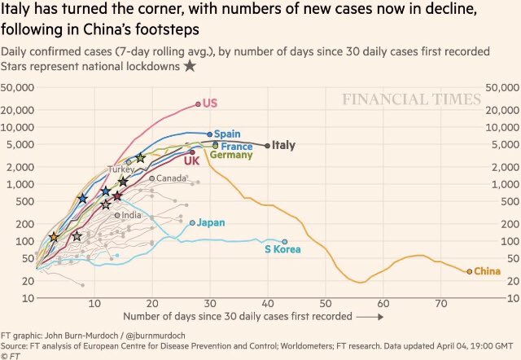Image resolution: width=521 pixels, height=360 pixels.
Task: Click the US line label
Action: [210, 103]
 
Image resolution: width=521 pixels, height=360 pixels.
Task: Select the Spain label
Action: [227, 134]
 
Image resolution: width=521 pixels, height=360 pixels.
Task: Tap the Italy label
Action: [282, 146]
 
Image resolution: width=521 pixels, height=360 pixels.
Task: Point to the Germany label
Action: [231, 155]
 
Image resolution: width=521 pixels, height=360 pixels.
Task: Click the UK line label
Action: [191, 161]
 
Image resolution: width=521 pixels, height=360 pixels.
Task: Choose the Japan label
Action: [211, 222]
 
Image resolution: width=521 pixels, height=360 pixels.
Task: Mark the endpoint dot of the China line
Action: [469, 271]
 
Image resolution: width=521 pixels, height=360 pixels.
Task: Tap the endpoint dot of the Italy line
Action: [267, 146]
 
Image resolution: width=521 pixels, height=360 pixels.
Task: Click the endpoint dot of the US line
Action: [198, 103]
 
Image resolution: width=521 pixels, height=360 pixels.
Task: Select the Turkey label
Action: [121, 169]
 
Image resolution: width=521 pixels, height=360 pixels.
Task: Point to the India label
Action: [131, 215]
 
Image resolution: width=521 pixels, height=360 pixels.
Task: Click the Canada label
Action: [171, 178]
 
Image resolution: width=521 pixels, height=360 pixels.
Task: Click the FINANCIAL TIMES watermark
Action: [411, 100]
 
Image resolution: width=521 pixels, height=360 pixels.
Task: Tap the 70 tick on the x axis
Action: [440, 304]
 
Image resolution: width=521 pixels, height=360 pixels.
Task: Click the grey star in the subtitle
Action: [190, 65]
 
